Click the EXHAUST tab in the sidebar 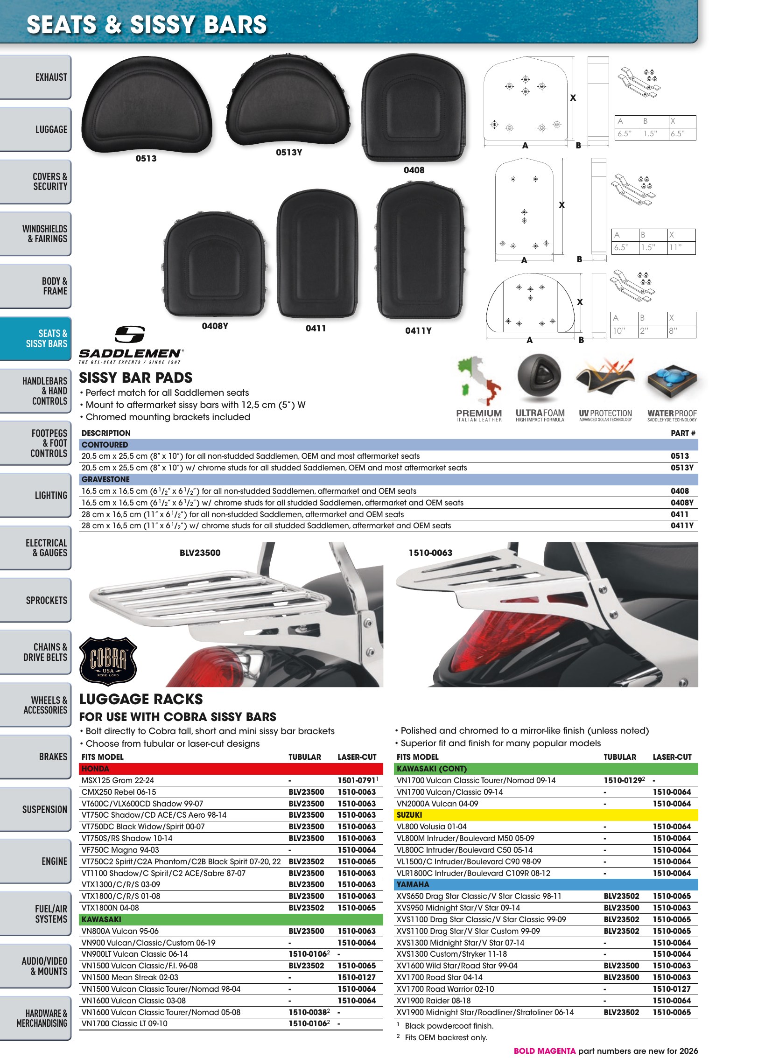pos(35,77)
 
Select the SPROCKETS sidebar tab pos(35,600)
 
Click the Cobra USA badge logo pos(108,661)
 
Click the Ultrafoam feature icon pos(539,378)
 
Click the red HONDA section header pos(231,769)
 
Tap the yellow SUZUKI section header pos(546,815)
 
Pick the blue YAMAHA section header pos(546,885)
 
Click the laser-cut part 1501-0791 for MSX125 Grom pos(357,780)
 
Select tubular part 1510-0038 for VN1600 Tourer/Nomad pos(308,1012)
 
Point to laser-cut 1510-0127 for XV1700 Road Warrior pos(672,989)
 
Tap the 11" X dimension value pos(675,247)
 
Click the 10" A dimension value pos(619,331)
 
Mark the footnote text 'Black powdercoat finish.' pos(449,1026)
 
